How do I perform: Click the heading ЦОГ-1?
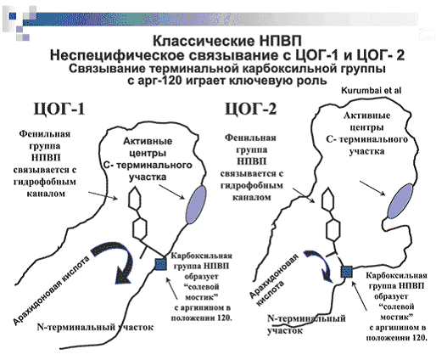[x=59, y=109]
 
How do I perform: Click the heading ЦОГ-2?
[x=250, y=109]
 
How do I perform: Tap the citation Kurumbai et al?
[x=371, y=91]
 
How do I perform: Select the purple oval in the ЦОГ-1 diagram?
[x=195, y=205]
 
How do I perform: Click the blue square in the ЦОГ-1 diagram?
[x=161, y=264]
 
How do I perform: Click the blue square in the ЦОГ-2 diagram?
[x=347, y=272]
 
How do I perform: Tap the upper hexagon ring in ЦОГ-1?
[x=137, y=198]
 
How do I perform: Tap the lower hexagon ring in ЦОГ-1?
[x=140, y=228]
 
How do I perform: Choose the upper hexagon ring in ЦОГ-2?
[x=328, y=199]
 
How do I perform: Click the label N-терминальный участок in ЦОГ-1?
[x=95, y=328]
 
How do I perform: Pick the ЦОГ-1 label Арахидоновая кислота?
[x=52, y=290]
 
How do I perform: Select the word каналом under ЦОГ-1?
[x=46, y=194]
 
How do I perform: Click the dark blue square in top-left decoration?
[x=12, y=16]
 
